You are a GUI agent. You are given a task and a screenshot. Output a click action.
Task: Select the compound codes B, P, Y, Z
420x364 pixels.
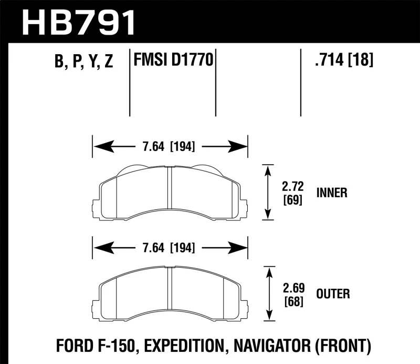pos(84,62)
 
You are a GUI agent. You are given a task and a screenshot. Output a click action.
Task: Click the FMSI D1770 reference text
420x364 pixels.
pos(173,62)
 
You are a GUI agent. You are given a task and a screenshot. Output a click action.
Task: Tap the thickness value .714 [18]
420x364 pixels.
pos(343,62)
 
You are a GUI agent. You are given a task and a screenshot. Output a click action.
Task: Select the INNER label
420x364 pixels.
pos(331,193)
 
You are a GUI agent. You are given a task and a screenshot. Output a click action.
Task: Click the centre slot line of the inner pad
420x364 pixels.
pos(170,192)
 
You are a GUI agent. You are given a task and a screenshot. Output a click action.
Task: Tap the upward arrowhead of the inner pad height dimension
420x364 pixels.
pos(269,170)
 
